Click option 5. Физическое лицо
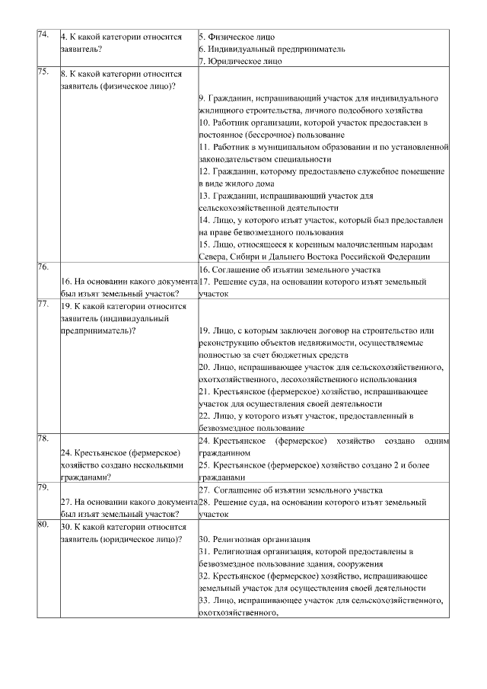pyautogui.click(x=237, y=37)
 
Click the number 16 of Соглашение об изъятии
pyautogui.click(x=204, y=270)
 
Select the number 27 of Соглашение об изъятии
pyautogui.click(x=204, y=490)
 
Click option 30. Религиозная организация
pyautogui.click(x=250, y=539)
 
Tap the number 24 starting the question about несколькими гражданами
pyautogui.click(x=65, y=453)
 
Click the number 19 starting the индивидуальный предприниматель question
pyautogui.click(x=65, y=306)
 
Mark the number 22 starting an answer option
pyautogui.click(x=204, y=416)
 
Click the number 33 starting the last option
pyautogui.click(x=204, y=600)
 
